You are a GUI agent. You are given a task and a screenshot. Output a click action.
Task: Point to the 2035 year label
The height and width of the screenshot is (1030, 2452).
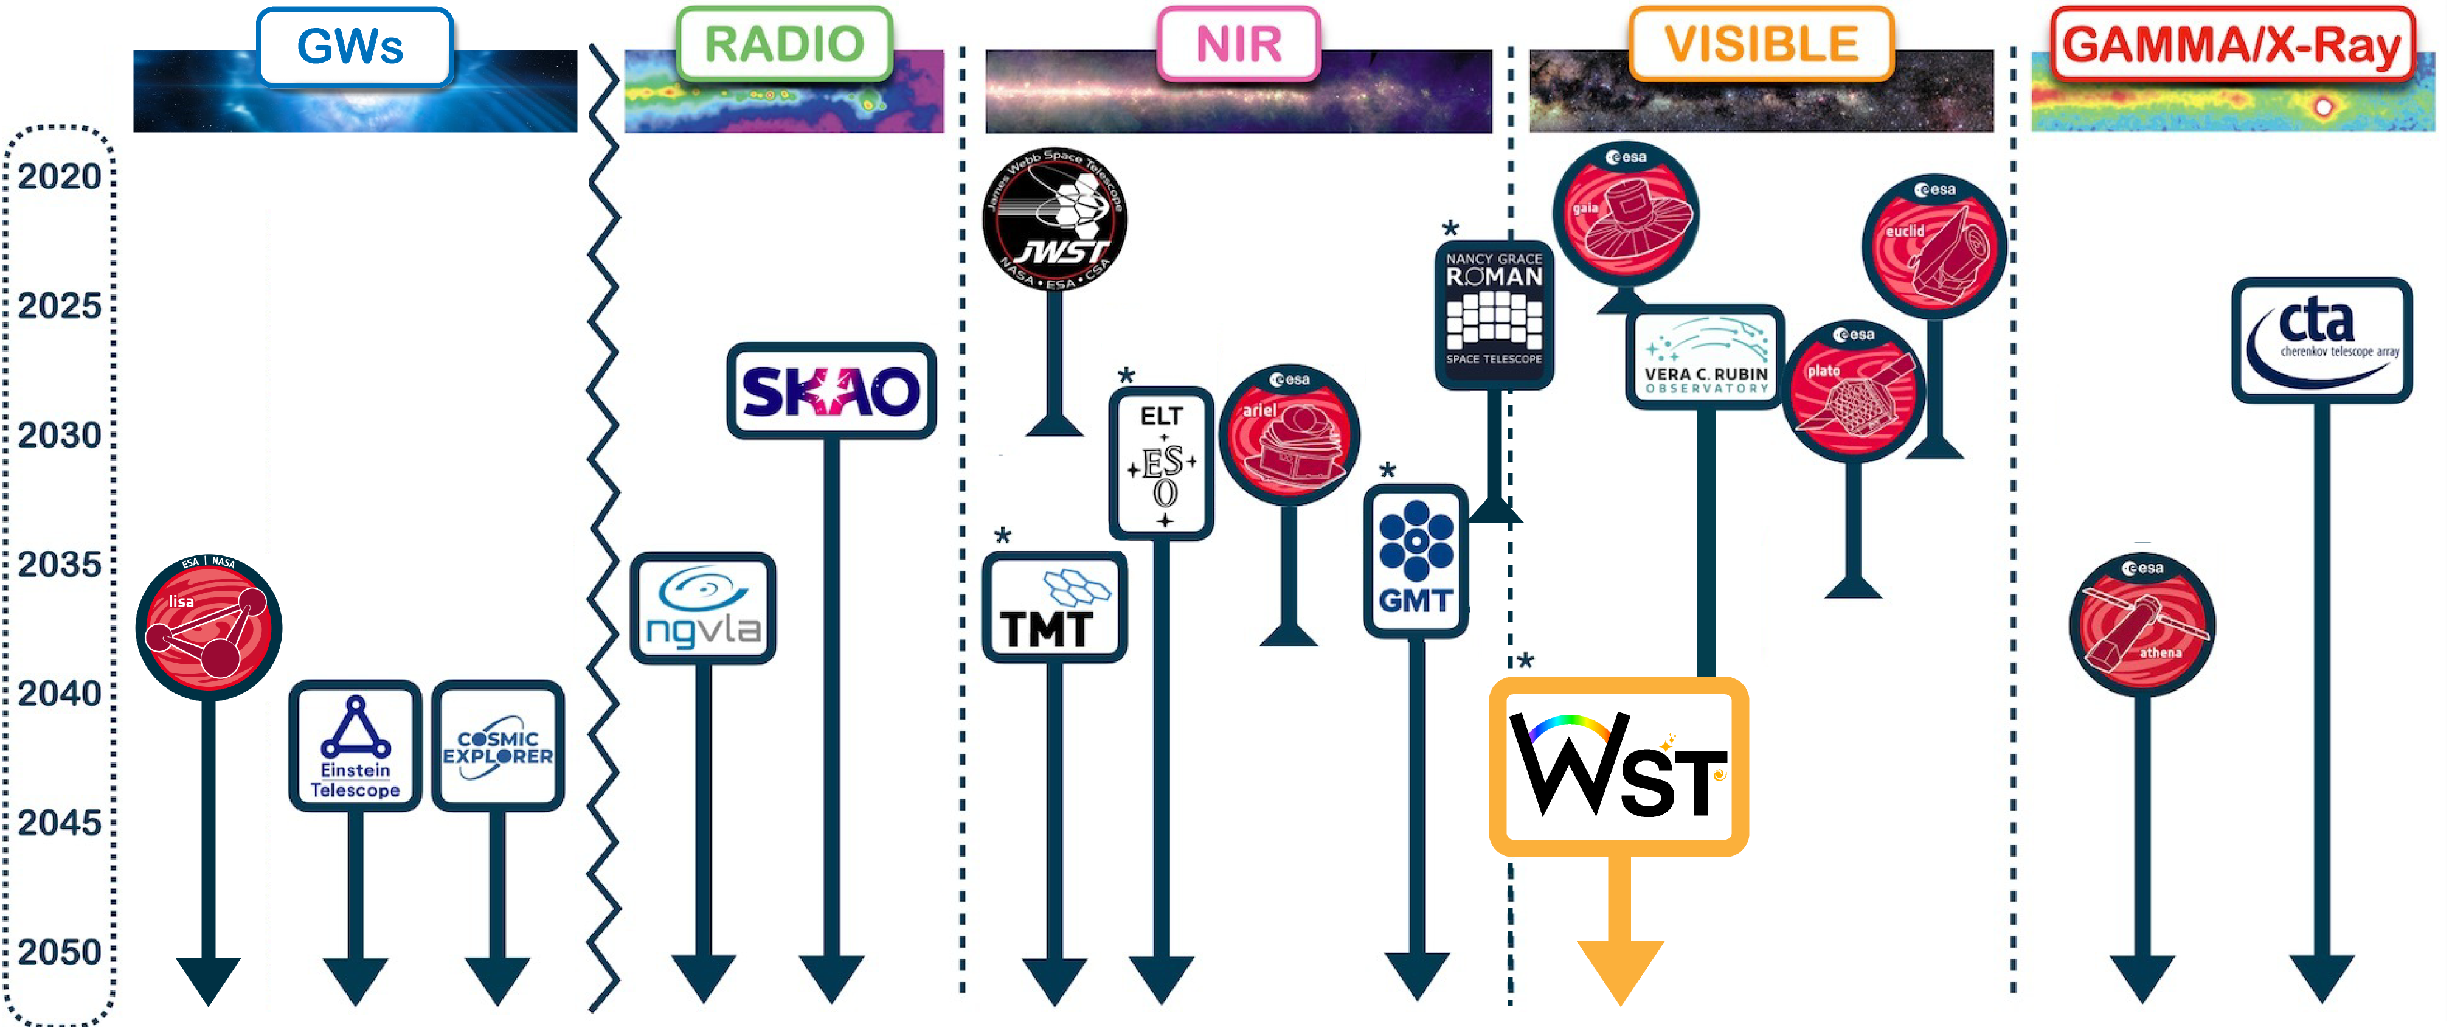pyautogui.click(x=59, y=565)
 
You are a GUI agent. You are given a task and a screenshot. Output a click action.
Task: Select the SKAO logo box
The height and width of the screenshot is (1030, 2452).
pyautogui.click(x=831, y=391)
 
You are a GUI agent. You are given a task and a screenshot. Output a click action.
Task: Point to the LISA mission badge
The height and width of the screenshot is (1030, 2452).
pyautogui.click(x=209, y=627)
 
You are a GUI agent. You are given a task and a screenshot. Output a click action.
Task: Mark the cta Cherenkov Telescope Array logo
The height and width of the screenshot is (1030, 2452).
pyautogui.click(x=2322, y=340)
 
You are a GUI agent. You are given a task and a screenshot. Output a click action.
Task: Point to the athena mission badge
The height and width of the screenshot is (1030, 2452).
pyautogui.click(x=2142, y=624)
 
